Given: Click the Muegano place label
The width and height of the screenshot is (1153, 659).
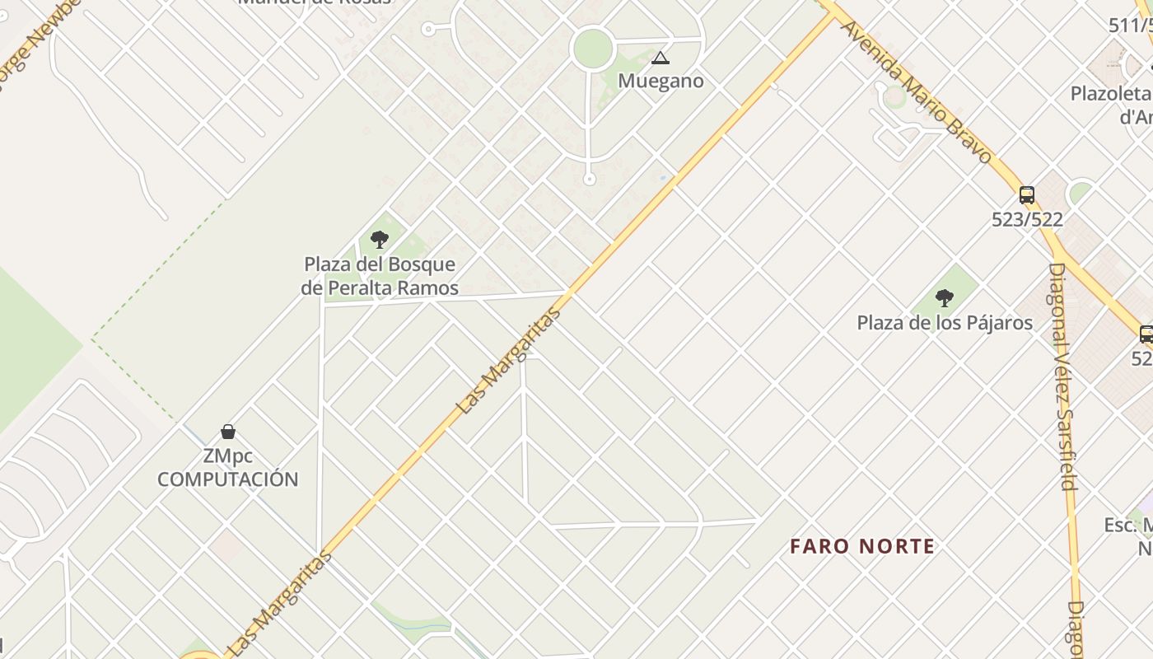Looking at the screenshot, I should point(661,81).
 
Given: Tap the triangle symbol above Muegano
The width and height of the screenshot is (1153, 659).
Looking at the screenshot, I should point(660,58).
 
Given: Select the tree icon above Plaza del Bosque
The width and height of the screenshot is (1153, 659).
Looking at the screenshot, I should point(380,240).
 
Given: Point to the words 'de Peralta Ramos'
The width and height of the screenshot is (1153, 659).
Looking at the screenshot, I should point(380,287).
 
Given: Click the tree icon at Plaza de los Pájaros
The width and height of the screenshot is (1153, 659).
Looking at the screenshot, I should point(945,298).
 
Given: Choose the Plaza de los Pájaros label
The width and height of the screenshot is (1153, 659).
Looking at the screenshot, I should point(945,322).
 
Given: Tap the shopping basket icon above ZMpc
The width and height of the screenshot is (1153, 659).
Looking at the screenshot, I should point(228,432).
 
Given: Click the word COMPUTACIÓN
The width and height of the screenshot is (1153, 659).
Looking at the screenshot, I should point(228,479).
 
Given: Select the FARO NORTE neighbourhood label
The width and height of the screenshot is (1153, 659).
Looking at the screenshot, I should point(862,546).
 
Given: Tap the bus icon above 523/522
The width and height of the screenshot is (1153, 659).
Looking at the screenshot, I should point(1027,195).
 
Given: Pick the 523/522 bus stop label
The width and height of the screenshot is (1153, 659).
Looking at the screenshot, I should point(1027,220).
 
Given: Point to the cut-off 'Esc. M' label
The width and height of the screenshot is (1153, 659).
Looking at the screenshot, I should point(1128,525).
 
